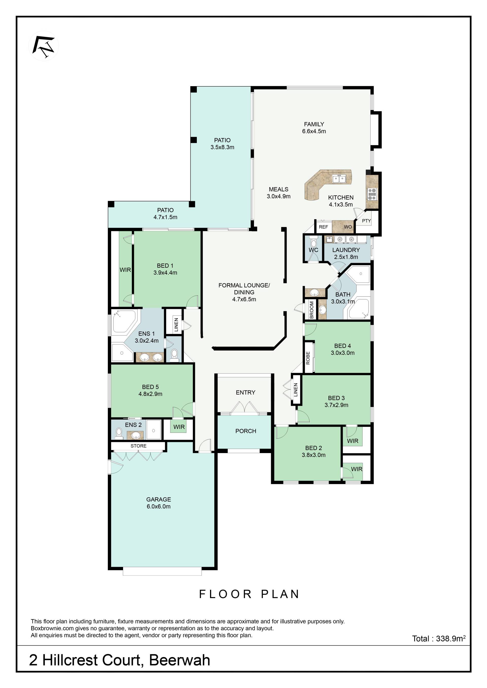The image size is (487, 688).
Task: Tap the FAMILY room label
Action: point(314,124)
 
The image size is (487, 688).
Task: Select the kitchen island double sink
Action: point(339,179)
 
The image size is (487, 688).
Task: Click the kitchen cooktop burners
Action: point(372,194)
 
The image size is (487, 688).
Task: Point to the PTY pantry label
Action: point(367,221)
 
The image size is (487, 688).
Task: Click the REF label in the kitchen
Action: point(323,227)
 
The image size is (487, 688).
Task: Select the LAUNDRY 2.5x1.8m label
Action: point(346,253)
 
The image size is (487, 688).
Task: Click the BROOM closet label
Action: point(311,310)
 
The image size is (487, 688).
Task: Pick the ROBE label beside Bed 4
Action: point(308,358)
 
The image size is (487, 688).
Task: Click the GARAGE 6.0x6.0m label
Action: point(158,503)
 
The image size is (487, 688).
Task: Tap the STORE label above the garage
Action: point(138,446)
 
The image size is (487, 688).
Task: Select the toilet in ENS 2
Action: point(119,434)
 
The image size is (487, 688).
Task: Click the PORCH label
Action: point(246,431)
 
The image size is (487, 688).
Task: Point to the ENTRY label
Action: point(246,392)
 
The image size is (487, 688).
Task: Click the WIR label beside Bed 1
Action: point(125,270)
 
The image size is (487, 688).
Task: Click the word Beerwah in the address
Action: point(179,660)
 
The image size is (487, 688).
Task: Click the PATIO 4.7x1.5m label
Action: point(165,214)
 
